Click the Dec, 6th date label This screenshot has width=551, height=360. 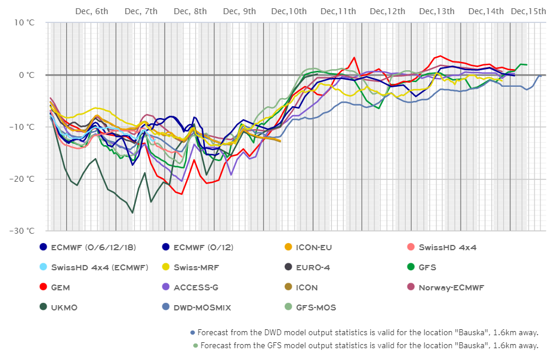pyautogui.click(x=92, y=11)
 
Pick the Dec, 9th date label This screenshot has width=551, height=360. pyautogui.click(x=240, y=11)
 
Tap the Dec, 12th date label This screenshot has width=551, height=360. pyautogui.click(x=387, y=11)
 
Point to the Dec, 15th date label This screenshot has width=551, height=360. pyautogui.click(x=529, y=11)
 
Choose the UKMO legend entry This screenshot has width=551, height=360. pyautogui.click(x=64, y=307)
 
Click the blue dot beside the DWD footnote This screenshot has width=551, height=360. pyautogui.click(x=193, y=333)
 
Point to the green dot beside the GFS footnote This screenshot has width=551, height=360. pyautogui.click(x=195, y=345)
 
